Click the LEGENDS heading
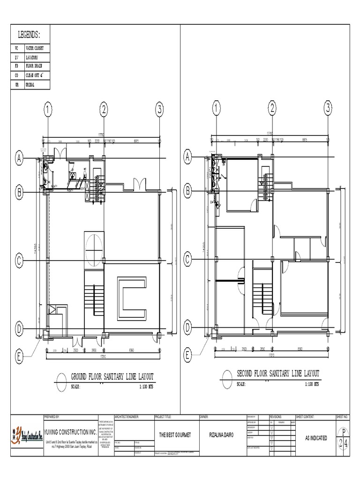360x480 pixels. (x=29, y=35)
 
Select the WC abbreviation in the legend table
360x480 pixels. (x=16, y=48)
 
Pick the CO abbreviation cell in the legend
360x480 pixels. (x=16, y=75)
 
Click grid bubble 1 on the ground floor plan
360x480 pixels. (x=47, y=110)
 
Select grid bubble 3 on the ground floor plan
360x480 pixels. (x=159, y=110)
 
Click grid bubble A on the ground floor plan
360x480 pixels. (x=20, y=159)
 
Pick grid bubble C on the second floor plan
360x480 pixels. (x=187, y=259)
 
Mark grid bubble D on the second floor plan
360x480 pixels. (x=187, y=327)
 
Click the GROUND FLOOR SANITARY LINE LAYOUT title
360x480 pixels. (x=112, y=376)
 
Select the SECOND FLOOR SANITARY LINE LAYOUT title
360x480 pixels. (x=278, y=374)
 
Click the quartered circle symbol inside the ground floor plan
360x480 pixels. (x=94, y=245)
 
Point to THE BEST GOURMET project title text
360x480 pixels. (x=175, y=435)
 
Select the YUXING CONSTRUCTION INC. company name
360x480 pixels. (x=71, y=431)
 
